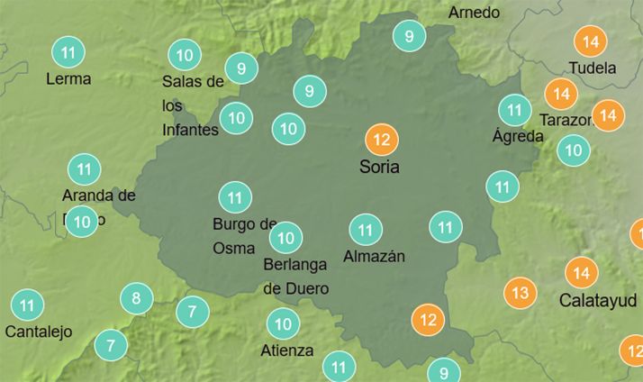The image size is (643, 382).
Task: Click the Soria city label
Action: [378, 167]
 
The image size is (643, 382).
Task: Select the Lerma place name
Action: [68, 78]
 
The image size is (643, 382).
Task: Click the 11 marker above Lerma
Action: [68, 52]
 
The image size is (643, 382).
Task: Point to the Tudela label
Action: [593, 68]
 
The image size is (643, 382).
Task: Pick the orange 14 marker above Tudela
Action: [591, 41]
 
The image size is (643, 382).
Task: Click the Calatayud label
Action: [598, 299]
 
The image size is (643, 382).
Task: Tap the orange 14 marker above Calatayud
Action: [582, 272]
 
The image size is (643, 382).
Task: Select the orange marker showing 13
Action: [520, 293]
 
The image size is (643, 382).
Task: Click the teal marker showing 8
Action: [136, 299]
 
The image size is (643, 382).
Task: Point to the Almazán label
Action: [375, 257]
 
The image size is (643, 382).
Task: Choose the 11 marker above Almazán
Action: [365, 230]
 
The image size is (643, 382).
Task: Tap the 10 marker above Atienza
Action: [283, 323]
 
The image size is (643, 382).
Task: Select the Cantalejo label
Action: [38, 332]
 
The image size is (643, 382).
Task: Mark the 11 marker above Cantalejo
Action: [27, 305]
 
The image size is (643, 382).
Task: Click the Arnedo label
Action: [474, 13]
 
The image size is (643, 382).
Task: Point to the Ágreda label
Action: [518, 137]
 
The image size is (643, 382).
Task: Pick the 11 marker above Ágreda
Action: [515, 111]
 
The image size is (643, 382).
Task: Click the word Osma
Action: [233, 247]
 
